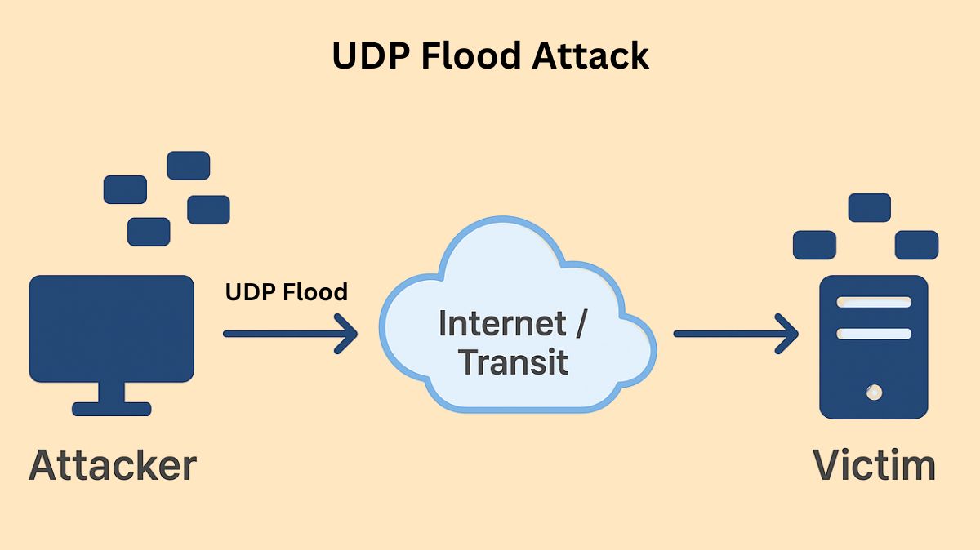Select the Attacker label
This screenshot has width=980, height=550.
click(113, 465)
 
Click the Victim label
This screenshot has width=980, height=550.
click(874, 465)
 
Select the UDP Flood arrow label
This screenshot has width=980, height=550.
click(286, 291)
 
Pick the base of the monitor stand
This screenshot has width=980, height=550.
click(112, 409)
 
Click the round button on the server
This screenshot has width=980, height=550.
click(874, 393)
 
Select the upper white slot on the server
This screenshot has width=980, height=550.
click(874, 302)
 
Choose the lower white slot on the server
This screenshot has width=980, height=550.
click(874, 334)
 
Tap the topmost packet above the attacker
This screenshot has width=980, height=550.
click(189, 166)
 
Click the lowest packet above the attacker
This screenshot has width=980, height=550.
click(149, 232)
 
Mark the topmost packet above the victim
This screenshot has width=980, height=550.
click(869, 207)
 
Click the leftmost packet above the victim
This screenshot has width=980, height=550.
click(814, 245)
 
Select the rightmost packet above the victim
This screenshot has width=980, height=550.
click(916, 245)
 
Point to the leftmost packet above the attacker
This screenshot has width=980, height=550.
click(125, 189)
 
